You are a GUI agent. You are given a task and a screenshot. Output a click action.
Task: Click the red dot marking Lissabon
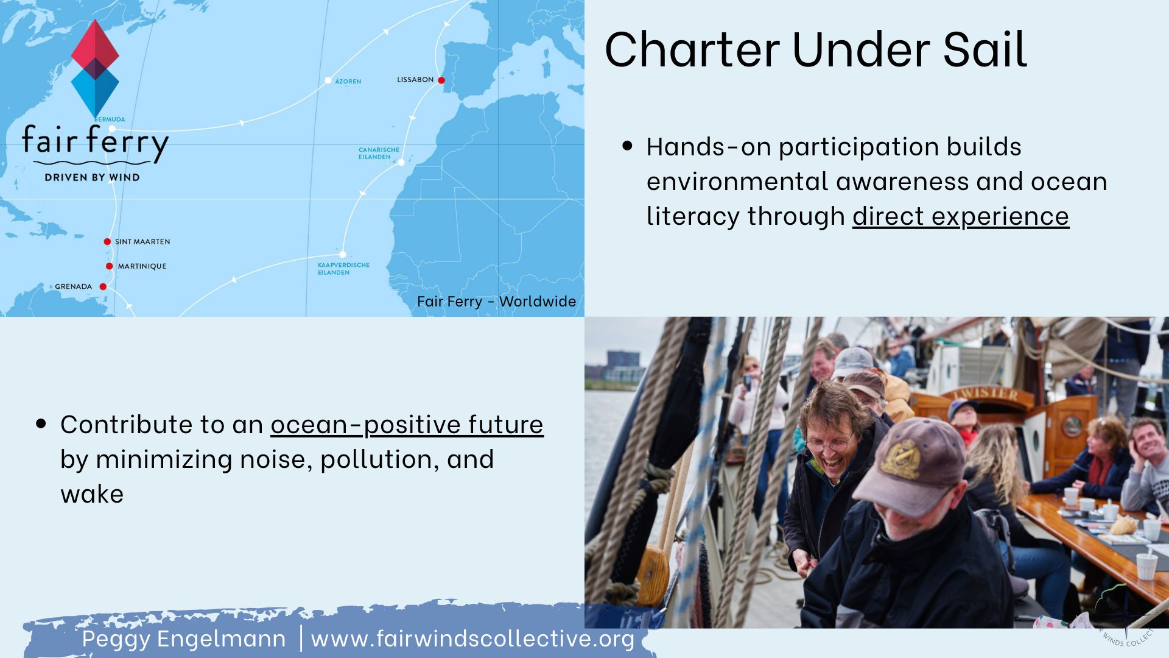click(441, 80)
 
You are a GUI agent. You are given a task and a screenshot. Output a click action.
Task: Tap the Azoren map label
click(348, 82)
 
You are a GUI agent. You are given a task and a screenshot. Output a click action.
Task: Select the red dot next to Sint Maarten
click(107, 242)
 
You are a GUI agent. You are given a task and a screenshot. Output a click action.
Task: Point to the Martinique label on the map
click(142, 266)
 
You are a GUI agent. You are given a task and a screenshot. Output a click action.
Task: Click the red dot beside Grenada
click(103, 287)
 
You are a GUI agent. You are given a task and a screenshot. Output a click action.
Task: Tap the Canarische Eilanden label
click(379, 154)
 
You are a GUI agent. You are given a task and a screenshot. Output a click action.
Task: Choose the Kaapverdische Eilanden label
click(343, 269)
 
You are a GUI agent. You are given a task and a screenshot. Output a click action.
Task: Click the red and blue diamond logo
click(95, 68)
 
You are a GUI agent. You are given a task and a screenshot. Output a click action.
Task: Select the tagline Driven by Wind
click(93, 177)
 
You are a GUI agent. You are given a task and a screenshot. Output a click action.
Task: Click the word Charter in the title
click(692, 49)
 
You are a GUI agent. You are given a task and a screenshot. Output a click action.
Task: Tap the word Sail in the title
click(985, 49)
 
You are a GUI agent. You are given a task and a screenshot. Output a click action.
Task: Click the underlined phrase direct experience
click(961, 216)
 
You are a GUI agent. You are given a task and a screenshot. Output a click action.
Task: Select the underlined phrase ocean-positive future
click(407, 425)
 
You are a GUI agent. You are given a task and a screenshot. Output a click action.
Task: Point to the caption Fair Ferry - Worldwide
click(496, 302)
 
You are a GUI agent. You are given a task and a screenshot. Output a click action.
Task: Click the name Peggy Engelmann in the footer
click(184, 639)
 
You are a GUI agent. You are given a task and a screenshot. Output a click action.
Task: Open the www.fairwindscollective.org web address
click(472, 639)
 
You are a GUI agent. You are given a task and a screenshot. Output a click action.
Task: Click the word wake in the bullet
click(92, 494)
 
